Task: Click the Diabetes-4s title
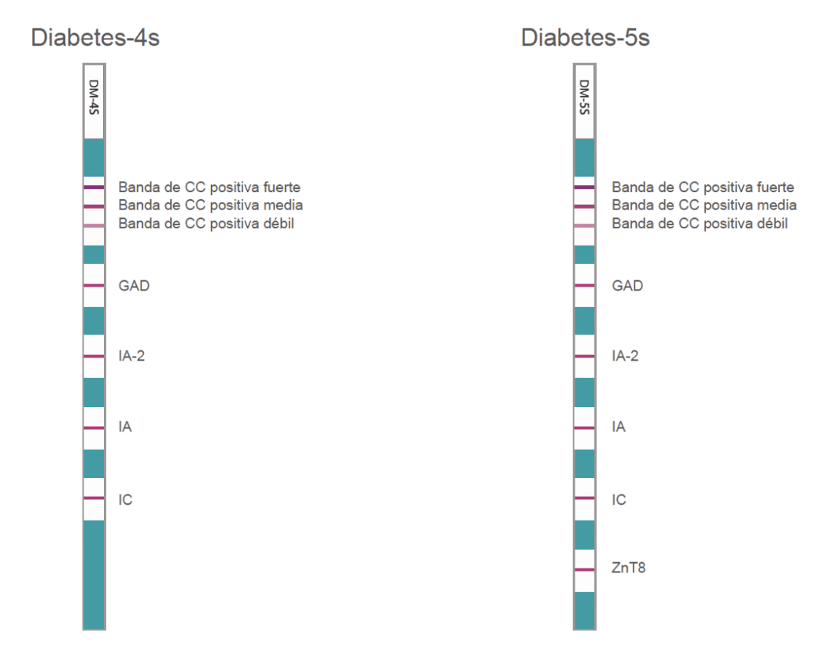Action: tap(94, 37)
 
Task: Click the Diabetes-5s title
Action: tap(585, 37)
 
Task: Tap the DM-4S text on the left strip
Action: tap(94, 97)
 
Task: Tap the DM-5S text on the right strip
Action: tap(584, 97)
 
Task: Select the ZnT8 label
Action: tap(628, 567)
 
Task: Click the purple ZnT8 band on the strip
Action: tap(584, 567)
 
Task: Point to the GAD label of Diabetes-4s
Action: tap(134, 286)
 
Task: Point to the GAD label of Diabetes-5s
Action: tap(627, 286)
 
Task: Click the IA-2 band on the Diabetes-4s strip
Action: tap(94, 357)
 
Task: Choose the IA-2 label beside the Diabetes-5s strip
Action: tap(625, 357)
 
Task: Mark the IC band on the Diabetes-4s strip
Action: tap(94, 498)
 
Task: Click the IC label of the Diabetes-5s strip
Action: tap(619, 500)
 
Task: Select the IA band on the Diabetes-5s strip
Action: tap(584, 428)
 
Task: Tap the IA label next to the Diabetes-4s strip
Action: tap(124, 428)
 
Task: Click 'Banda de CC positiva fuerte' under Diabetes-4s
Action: tap(209, 187)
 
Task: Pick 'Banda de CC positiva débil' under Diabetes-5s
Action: tap(700, 224)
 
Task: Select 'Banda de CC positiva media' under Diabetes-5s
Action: tap(704, 206)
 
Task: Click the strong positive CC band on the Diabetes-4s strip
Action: tap(94, 187)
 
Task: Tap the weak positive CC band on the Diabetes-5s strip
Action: tap(584, 225)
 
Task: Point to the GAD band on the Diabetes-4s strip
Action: tap(94, 285)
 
